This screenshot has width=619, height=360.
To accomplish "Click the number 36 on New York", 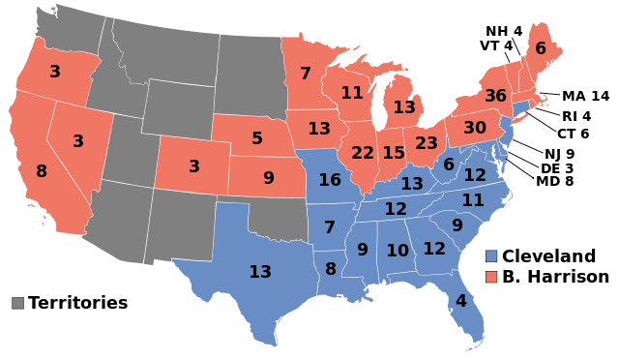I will coord(495,96).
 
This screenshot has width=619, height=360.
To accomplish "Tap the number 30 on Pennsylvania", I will coord(474,128).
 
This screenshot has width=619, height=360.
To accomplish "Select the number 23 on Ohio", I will coord(427,143).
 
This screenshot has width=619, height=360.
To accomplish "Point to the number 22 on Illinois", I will coord(363,153).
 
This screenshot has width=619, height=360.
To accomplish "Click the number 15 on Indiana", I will coord(394,153).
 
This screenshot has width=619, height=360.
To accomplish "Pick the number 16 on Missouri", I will coord(330,180).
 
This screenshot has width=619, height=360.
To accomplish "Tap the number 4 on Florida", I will coord(460,301).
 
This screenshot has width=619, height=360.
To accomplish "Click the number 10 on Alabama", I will coord(398,251).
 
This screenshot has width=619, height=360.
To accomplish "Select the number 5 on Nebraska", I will coord(257,138).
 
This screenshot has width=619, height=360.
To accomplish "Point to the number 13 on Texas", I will coord(260,272).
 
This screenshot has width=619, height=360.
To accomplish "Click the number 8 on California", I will coord(42,171).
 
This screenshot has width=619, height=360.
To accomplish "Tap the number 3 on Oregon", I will coord(55,72).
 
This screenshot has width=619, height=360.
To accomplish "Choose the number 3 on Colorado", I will coord(194,166).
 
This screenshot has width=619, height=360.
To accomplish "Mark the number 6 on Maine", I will coord(541,48).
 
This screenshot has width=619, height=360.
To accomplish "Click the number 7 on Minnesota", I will coord(306,74).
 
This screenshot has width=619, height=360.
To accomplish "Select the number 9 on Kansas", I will coord(269,178).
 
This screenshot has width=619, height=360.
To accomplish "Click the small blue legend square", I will coord(491,256).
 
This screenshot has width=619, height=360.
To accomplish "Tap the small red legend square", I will coord(491,277).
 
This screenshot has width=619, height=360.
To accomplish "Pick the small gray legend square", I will coord(17,303).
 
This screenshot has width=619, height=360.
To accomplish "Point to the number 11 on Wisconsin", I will coord(351,93).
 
